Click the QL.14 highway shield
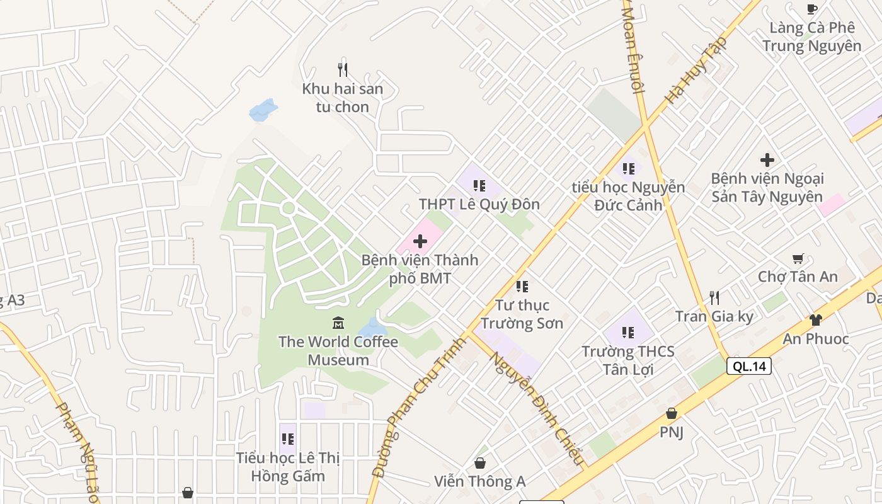click(x=748, y=366)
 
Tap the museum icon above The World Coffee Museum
click(x=338, y=323)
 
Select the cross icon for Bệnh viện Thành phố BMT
click(x=420, y=241)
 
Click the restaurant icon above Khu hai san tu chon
click(x=343, y=69)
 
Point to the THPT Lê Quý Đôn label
click(x=479, y=204)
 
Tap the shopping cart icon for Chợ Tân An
click(x=798, y=258)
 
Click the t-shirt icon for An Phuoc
click(x=815, y=320)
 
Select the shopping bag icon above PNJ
click(x=672, y=413)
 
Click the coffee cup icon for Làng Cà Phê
click(x=812, y=9)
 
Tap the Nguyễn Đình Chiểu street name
click(x=537, y=409)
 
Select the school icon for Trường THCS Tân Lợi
click(x=627, y=332)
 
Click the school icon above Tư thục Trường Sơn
click(x=522, y=287)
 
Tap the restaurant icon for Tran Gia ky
click(x=714, y=297)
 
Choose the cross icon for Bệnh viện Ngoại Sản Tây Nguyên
click(x=767, y=160)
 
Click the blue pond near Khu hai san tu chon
click(x=263, y=110)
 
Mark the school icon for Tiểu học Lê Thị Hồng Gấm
click(x=287, y=438)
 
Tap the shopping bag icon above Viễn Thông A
click(x=479, y=463)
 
